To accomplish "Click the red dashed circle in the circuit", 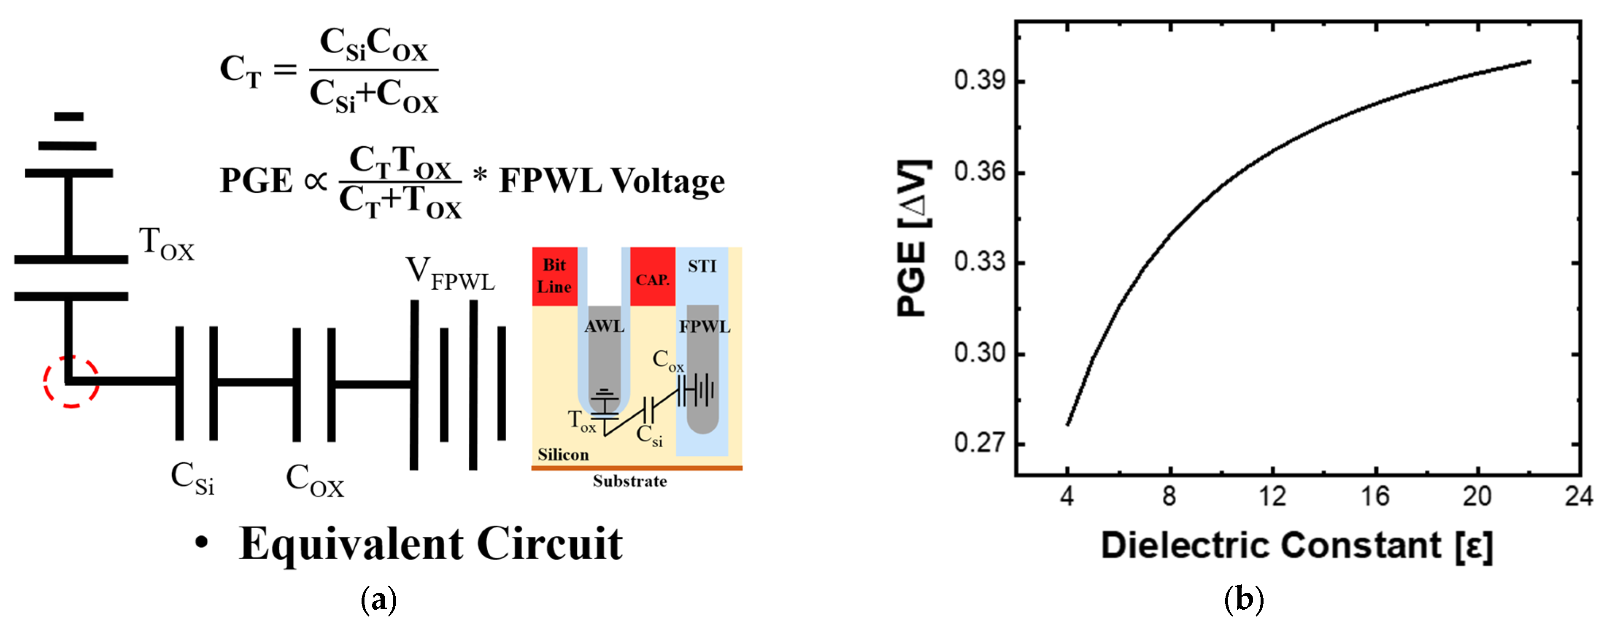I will tap(71, 381).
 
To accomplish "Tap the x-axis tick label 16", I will tap(1375, 496).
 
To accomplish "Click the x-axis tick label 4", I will tap(1067, 496).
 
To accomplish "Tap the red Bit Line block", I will tap(554, 276).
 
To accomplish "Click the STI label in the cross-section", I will tap(702, 267).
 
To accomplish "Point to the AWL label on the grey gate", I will tap(604, 326).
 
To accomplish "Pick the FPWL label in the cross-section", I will tap(704, 326).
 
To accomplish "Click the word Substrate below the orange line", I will tap(629, 481).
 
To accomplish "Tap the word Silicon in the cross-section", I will tap(563, 454).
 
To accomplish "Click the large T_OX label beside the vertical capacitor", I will tap(166, 243).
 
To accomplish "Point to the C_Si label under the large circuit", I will tap(192, 478).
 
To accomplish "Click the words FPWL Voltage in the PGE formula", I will tap(612, 181).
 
